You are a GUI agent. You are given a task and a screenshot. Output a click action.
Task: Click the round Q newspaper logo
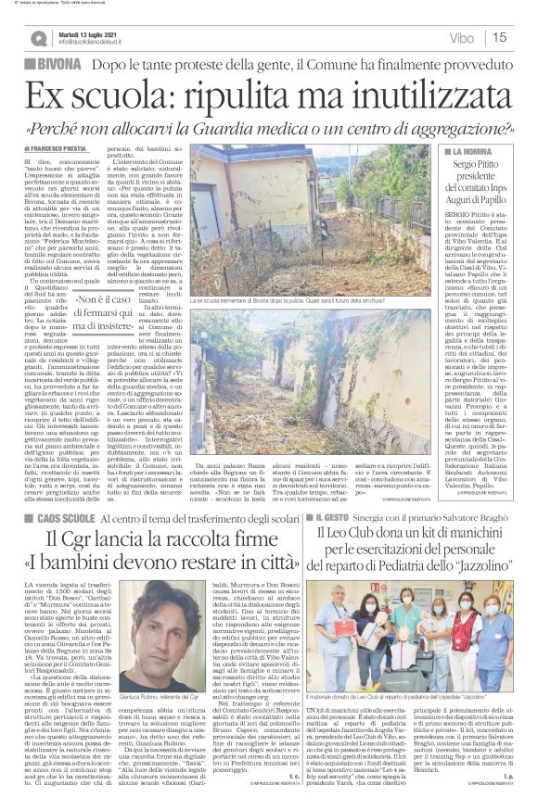point(38,37)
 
